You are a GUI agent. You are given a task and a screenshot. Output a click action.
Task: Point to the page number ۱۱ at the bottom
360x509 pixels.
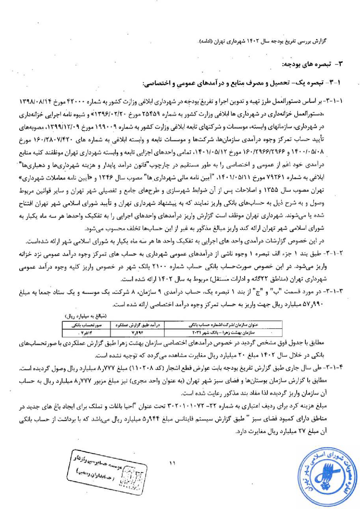pyautogui.click(x=172, y=463)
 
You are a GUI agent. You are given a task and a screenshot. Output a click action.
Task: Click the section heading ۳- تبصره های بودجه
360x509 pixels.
pyautogui.click(x=312, y=64)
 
